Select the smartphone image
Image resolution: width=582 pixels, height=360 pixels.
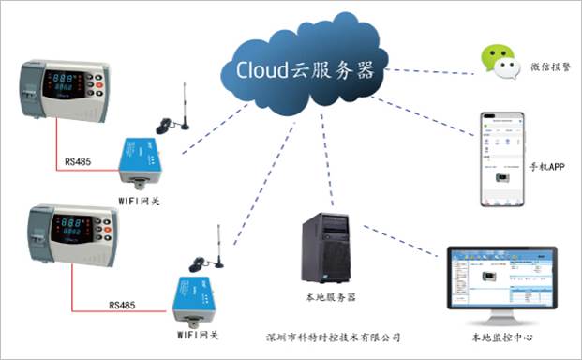[500, 159]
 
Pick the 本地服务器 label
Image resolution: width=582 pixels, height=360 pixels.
[332, 297]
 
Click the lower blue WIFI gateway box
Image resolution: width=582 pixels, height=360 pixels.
[195, 298]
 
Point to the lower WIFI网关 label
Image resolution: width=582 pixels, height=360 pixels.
[198, 334]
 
